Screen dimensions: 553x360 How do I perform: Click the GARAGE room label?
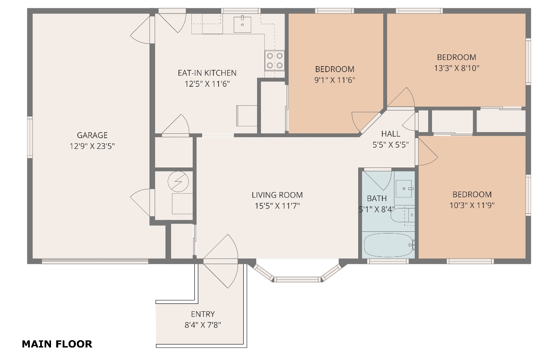pyautogui.click(x=92, y=135)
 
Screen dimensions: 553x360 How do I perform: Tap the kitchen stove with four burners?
pyautogui.click(x=274, y=60)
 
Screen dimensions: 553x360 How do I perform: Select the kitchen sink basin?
pyautogui.click(x=242, y=25)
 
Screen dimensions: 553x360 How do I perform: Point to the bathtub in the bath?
pyautogui.click(x=388, y=245)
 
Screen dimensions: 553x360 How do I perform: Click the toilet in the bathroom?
pyautogui.click(x=402, y=215)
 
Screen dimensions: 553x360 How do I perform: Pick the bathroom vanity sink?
pyautogui.click(x=404, y=189)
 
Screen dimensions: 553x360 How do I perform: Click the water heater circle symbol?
pyautogui.click(x=178, y=182)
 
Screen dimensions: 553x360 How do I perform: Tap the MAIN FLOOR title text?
pyautogui.click(x=57, y=344)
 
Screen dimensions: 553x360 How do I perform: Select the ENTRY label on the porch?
pyautogui.click(x=203, y=314)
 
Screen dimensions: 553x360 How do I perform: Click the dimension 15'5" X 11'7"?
pyautogui.click(x=277, y=205)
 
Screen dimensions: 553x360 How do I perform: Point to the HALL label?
pyautogui.click(x=391, y=134)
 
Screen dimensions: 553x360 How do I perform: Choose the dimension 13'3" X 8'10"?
pyautogui.click(x=457, y=68)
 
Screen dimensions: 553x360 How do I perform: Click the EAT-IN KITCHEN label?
pyautogui.click(x=207, y=73)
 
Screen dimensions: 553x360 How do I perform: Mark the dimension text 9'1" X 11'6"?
pyautogui.click(x=335, y=80)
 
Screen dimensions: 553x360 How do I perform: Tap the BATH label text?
pyautogui.click(x=377, y=198)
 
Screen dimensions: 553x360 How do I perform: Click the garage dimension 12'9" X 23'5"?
pyautogui.click(x=92, y=146)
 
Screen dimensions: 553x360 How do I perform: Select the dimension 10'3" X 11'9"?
pyautogui.click(x=472, y=205)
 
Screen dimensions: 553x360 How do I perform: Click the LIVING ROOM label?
pyautogui.click(x=277, y=195)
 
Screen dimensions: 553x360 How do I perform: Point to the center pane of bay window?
pyautogui.click(x=298, y=279)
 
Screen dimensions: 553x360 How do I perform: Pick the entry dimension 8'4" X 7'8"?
pyautogui.click(x=203, y=325)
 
